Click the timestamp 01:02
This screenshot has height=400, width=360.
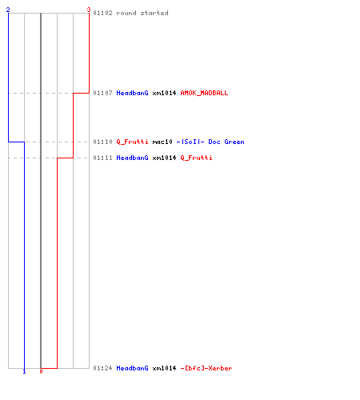point(102,13)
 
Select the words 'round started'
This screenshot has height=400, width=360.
point(142,13)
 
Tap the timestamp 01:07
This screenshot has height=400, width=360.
point(102,93)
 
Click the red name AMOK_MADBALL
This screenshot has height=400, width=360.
point(204,93)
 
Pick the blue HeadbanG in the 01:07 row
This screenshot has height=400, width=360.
point(132,93)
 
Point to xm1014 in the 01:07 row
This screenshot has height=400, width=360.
point(164,93)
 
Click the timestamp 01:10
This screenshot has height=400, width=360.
point(102,142)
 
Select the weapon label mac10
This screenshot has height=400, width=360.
point(162,142)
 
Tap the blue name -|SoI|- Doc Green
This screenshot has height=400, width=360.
point(210,142)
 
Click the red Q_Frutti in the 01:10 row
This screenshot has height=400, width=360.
point(132,142)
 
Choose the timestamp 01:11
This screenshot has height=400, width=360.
point(102,158)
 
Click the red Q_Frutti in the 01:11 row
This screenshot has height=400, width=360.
point(197,158)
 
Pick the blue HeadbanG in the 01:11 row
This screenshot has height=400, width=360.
point(132,158)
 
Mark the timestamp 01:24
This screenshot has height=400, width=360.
point(102,368)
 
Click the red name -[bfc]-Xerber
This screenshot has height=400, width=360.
point(206,368)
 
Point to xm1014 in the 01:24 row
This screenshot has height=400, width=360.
point(164,368)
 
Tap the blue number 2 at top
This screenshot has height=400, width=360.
point(8,10)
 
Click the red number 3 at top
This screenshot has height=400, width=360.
point(89,10)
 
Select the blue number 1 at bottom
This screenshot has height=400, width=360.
point(24,371)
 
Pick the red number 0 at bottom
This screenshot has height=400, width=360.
point(41,371)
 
